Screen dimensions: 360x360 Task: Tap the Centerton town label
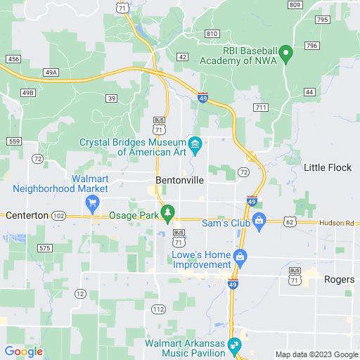click(27, 214)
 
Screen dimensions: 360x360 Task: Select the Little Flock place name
click(327, 167)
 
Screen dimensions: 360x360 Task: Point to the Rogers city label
click(339, 279)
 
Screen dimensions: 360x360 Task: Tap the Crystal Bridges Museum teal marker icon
click(196, 146)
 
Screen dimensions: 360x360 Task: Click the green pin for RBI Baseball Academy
click(285, 52)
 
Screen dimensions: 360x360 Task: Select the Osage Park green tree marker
click(167, 212)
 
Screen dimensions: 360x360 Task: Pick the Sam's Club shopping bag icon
click(259, 222)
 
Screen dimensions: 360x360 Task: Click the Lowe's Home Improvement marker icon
click(240, 258)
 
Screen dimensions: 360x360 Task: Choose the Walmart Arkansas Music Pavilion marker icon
click(235, 345)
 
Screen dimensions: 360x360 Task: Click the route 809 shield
click(295, 5)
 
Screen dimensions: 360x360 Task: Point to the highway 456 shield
click(13, 60)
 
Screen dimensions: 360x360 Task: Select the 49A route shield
click(50, 72)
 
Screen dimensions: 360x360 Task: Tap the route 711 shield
click(261, 107)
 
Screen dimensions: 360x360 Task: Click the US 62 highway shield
click(289, 221)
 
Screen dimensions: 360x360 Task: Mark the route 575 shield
click(45, 248)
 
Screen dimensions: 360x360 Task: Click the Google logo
click(23, 352)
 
